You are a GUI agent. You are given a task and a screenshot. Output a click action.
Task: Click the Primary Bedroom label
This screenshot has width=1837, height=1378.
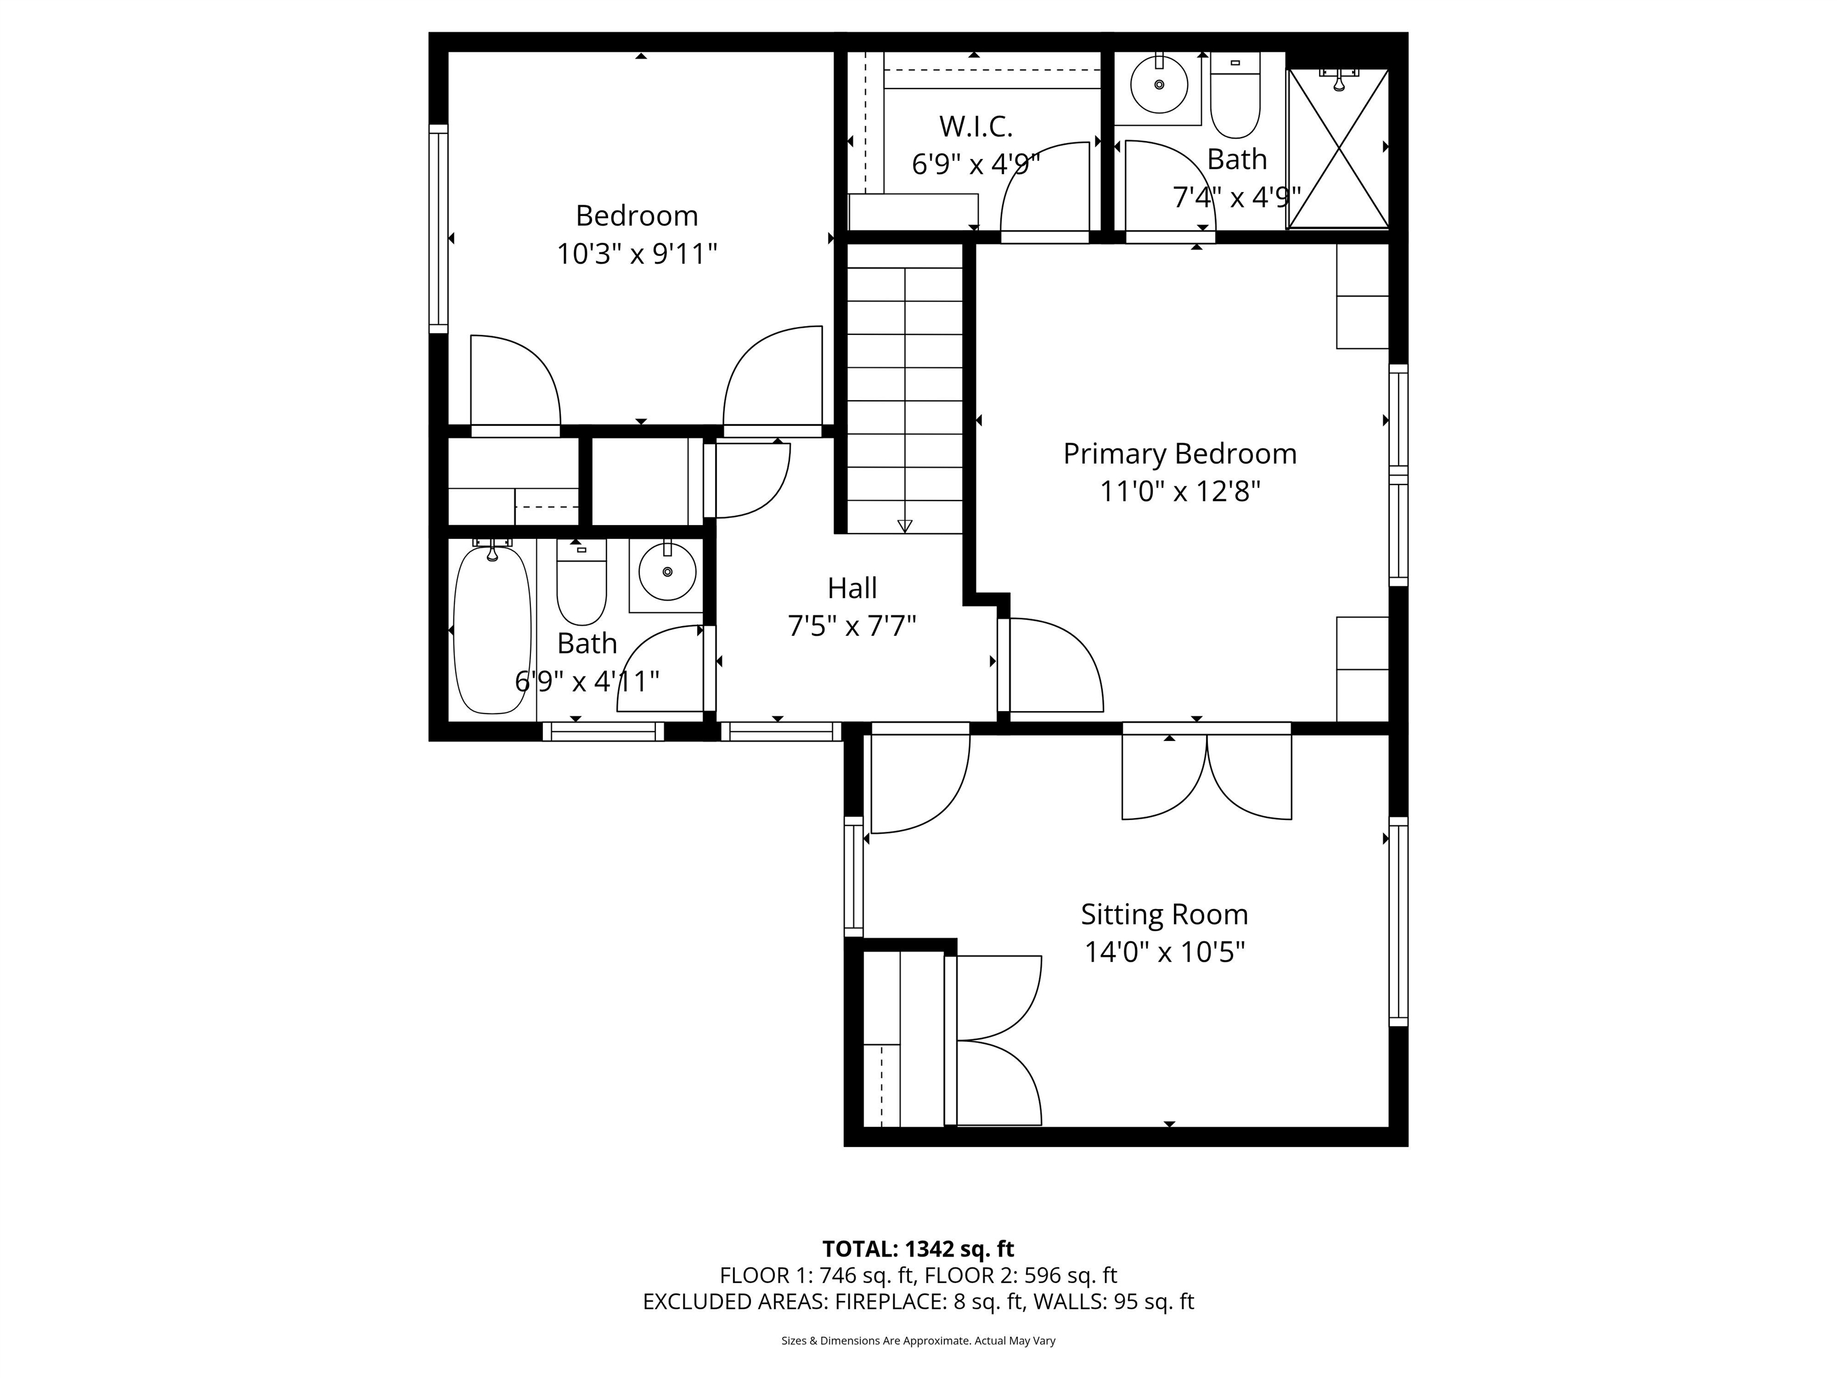1179,453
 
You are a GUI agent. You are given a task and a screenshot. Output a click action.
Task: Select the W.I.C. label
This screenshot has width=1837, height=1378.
976,127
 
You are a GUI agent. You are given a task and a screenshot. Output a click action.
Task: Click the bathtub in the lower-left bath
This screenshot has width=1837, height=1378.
492,629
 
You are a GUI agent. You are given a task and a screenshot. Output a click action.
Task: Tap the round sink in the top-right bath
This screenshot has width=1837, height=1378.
1159,84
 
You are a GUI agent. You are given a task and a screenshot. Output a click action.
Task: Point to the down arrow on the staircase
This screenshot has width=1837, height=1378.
904,525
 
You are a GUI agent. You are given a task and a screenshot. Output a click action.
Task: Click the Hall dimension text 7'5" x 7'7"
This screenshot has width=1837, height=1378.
852,626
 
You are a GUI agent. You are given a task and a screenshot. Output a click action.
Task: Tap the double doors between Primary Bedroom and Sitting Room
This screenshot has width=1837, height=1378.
1207,773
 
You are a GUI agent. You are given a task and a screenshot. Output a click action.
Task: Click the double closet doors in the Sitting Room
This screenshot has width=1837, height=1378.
995,1040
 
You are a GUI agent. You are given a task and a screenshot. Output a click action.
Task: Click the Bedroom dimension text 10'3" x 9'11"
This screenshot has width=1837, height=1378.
637,254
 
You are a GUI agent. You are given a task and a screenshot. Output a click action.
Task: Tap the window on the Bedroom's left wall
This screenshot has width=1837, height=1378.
438,228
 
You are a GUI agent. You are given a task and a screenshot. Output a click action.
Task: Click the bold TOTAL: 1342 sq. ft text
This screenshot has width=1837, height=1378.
918,1248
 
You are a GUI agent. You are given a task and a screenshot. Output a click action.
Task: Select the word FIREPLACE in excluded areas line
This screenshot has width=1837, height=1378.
887,1301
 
